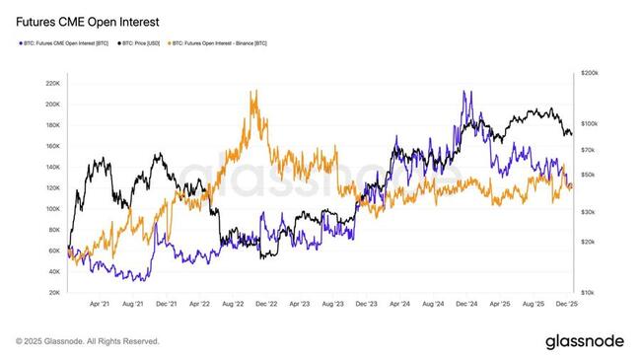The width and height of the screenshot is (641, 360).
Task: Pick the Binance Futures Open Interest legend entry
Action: (219, 43)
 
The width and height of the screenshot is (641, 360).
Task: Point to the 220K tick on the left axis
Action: (51, 83)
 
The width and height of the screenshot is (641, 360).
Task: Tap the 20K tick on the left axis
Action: (53, 293)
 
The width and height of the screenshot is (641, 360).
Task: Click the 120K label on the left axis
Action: (51, 188)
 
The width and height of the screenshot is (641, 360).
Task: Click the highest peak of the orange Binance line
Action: (255, 91)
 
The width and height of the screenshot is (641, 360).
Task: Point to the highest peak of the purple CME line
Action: (463, 92)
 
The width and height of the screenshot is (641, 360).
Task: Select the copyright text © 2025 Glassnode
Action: (88, 341)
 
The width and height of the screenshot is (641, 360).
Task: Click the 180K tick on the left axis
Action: (51, 125)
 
